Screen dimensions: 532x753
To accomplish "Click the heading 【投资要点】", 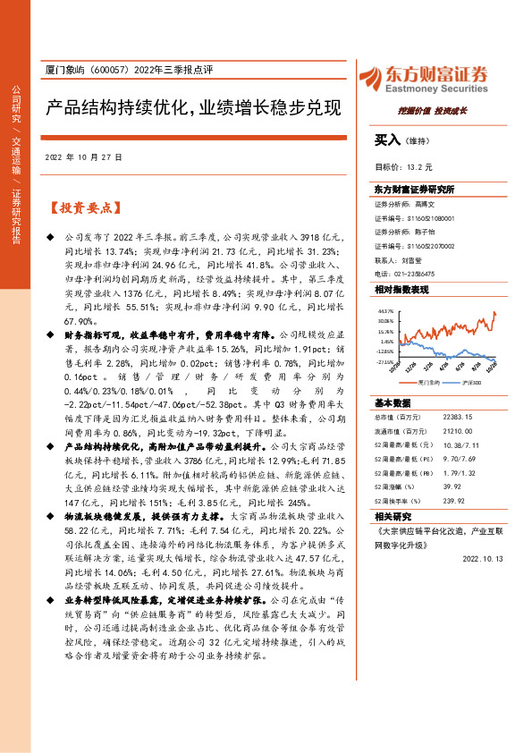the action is coord(82,208).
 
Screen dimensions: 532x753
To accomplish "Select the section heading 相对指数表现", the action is coord(401,291).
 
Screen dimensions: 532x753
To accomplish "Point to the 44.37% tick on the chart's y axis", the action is coord(385,311).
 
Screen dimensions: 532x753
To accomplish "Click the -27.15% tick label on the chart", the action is coord(384,362).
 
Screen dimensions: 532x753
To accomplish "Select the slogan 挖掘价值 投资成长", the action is coord(432,111).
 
